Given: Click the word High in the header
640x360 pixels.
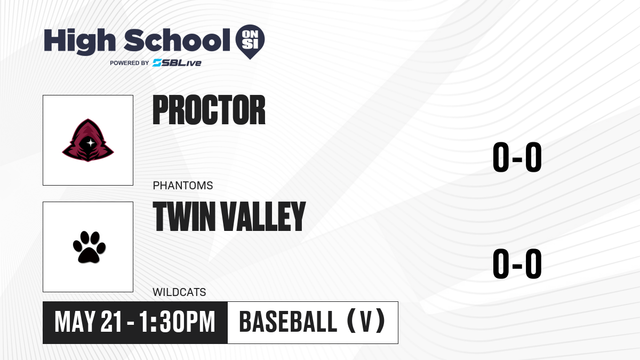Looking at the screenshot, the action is point(80,42).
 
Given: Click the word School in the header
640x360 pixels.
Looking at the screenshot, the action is point(177,40).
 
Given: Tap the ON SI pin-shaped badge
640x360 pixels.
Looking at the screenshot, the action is point(250,42).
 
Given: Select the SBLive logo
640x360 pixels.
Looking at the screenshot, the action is point(177,63).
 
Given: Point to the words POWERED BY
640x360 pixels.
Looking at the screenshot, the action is point(130,63).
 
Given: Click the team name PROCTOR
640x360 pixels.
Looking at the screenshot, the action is point(209,110).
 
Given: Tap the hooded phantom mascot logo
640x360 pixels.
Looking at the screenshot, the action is point(88,140).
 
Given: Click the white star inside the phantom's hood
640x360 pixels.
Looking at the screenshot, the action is point(91,142).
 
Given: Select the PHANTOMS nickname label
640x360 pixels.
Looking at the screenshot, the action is point(183,186).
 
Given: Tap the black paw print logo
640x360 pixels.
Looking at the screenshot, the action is point(89,247).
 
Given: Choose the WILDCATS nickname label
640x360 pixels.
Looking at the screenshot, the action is point(179,292).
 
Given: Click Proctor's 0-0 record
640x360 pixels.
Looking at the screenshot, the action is point(517,157).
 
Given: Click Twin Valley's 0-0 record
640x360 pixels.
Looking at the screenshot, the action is point(517,263).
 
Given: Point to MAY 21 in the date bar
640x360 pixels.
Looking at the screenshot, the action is point(89,322).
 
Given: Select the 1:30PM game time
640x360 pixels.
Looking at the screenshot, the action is point(177,322).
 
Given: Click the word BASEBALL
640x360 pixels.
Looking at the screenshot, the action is point(288,322).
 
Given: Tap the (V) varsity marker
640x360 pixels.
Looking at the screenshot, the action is point(366,321).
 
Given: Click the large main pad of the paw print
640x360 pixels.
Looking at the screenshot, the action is point(89,255).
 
